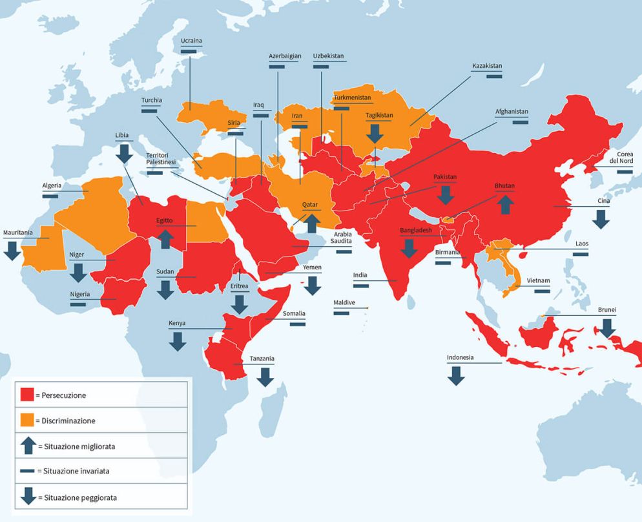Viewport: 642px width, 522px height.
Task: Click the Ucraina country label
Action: point(191,41)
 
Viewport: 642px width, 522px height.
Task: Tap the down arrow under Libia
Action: point(123,153)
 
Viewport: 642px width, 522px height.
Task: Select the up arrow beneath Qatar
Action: point(311,223)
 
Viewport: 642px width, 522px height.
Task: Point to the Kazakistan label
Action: point(487,66)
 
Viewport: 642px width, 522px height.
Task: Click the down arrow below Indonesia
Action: point(456,375)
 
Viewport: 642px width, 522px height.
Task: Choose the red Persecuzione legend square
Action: point(27,395)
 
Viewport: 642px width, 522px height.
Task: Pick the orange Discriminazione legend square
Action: point(27,420)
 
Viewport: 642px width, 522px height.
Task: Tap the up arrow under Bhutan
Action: point(505,204)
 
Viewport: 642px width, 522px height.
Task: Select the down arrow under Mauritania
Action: point(12,251)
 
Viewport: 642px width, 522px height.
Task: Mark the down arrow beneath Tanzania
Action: point(265,377)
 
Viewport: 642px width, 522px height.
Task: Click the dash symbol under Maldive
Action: point(342,314)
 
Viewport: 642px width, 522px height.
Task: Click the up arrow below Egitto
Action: point(165,239)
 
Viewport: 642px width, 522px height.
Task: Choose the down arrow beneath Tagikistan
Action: point(374,134)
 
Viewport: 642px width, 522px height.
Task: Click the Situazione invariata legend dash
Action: point(27,471)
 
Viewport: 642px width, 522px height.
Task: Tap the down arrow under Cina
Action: point(601,219)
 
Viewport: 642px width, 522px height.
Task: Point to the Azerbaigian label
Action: point(285,56)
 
